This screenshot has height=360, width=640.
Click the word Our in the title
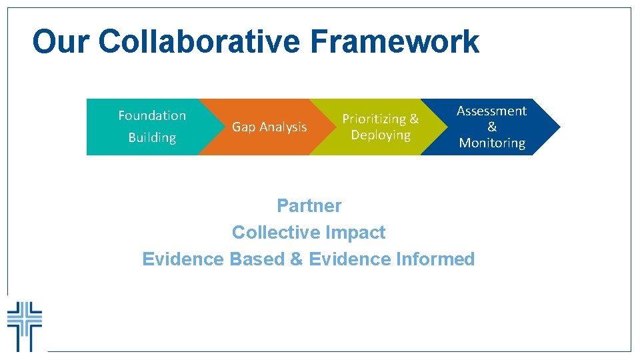pyautogui.click(x=61, y=42)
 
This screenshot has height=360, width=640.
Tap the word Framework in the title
pyautogui.click(x=394, y=42)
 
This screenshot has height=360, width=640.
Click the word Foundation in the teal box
pyautogui.click(x=152, y=115)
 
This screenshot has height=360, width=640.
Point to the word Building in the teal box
pyautogui.click(x=152, y=138)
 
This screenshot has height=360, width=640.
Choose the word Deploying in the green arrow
pyautogui.click(x=381, y=135)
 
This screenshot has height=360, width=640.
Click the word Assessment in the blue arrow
pyautogui.click(x=491, y=111)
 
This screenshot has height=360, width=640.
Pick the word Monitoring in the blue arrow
pyautogui.click(x=492, y=143)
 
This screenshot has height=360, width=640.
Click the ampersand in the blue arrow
pyautogui.click(x=492, y=127)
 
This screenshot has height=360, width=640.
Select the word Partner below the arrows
pyautogui.click(x=309, y=205)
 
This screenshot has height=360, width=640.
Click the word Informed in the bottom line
pyautogui.click(x=434, y=259)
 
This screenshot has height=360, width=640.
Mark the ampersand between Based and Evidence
pyautogui.click(x=296, y=259)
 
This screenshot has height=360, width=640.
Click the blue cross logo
pyautogui.click(x=25, y=325)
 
